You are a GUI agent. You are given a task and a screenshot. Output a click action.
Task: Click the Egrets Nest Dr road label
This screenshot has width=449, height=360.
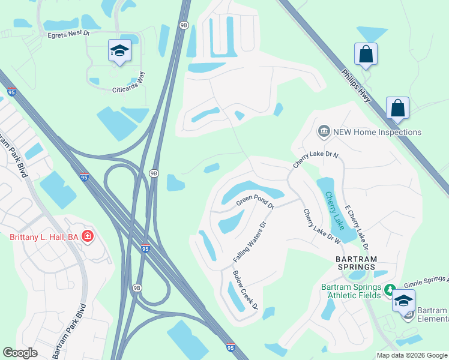pos(68,35)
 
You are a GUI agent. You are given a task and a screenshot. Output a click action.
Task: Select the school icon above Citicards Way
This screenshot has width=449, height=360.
pos(119,51)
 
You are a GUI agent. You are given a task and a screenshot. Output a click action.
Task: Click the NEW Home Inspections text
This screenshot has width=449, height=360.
pos(378,132)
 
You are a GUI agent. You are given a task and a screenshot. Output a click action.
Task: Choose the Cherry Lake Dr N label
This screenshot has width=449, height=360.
pos(316,159)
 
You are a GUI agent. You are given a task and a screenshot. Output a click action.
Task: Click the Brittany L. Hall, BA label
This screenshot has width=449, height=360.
pos(44,237)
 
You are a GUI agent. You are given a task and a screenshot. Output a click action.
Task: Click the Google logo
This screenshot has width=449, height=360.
pos(20,353)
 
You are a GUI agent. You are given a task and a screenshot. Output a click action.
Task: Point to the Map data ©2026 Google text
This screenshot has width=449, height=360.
pos(411,355)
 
